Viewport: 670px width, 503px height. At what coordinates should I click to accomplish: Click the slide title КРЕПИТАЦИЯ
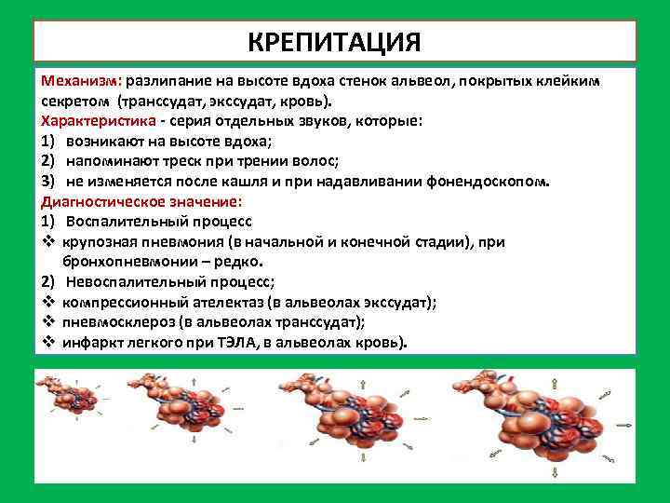pos(335,42)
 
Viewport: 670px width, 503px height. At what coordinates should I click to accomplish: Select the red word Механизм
pos(82,80)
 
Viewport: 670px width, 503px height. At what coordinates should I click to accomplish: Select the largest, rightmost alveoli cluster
pos(540,419)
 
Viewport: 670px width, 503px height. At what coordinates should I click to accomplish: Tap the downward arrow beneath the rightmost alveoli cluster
pos(555,472)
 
